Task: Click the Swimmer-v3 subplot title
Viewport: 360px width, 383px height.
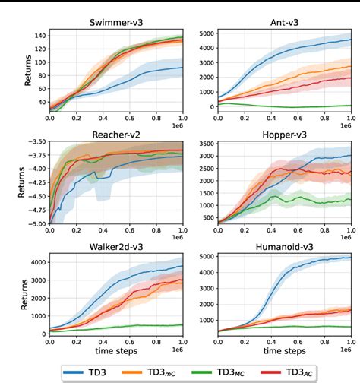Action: [115, 22]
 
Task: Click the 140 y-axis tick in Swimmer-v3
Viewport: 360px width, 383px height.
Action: [38, 35]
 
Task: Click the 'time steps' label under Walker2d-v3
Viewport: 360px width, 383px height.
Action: [115, 351]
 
